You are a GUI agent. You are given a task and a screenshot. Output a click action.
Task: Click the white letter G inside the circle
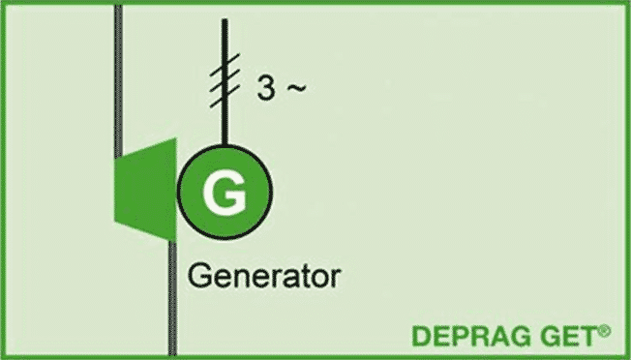[x=225, y=193]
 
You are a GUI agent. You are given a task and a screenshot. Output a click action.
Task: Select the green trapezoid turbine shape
[x=146, y=190]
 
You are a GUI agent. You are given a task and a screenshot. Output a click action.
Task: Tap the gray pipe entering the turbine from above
[x=118, y=80]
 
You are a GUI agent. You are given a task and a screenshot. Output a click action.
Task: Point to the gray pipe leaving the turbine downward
[x=172, y=298]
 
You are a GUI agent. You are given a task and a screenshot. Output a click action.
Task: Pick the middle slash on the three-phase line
[x=225, y=80]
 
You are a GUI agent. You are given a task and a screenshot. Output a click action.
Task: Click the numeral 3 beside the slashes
[x=266, y=88]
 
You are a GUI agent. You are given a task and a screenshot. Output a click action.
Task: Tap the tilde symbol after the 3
[x=296, y=88]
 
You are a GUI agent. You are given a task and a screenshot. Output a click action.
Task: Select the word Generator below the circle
[x=264, y=276]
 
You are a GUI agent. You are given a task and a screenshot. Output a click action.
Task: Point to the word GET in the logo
[x=568, y=336]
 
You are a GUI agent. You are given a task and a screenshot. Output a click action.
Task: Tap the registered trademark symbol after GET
[x=604, y=331]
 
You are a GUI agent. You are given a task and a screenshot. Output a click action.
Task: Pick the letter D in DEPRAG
[x=421, y=336]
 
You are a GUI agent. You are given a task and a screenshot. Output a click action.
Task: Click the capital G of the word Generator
[x=199, y=276]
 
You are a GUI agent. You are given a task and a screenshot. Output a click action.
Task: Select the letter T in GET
[x=588, y=336]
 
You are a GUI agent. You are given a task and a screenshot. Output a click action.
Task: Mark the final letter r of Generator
[x=336, y=279]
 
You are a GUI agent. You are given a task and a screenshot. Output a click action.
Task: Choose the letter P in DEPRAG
[x=459, y=336]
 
